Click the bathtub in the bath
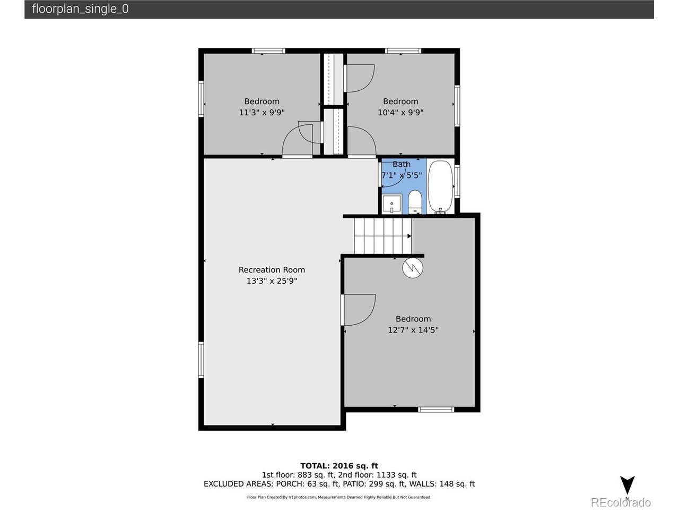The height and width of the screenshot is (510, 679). [x=440, y=186]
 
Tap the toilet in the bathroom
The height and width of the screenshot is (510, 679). [x=414, y=202]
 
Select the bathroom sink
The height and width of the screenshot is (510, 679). [x=391, y=204]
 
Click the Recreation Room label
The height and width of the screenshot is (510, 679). [x=272, y=270]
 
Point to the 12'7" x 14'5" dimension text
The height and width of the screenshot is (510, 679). [x=413, y=330]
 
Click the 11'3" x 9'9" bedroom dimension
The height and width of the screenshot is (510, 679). [x=262, y=113]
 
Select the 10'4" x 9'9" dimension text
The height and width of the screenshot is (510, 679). [x=401, y=113]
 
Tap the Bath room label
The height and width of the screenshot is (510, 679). [x=402, y=165]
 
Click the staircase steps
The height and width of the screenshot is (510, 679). [x=382, y=236]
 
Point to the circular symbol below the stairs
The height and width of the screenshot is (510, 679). [x=412, y=268]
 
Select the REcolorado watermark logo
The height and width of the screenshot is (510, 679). [x=621, y=502]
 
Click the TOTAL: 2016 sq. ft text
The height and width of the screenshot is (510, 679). [x=339, y=466]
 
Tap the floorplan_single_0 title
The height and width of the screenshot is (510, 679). [x=80, y=9]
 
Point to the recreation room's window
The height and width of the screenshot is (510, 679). [x=201, y=360]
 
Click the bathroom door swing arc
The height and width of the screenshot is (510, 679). [x=399, y=180]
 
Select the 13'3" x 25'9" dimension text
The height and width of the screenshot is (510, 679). [x=272, y=281]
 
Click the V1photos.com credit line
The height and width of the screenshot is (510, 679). [x=339, y=497]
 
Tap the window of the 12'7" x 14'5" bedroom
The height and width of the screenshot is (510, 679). [x=436, y=410]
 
